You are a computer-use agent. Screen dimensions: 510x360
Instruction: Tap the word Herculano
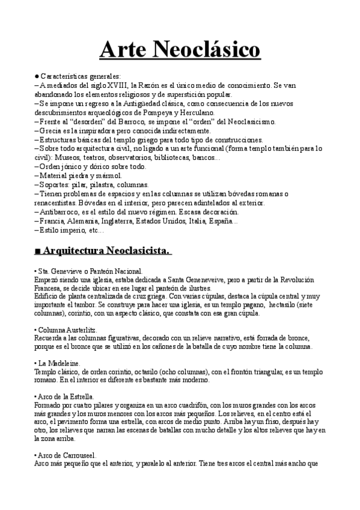[194, 111]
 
